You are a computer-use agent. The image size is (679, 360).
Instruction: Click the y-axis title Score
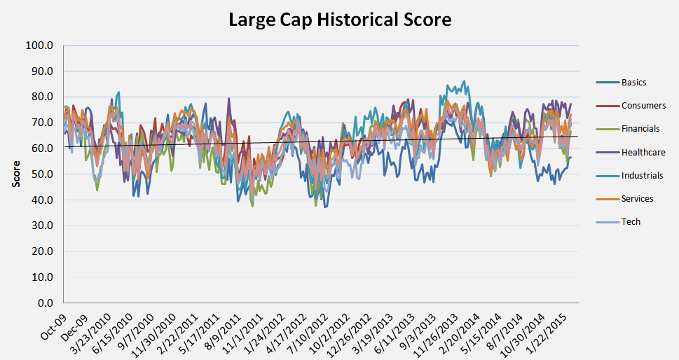(15, 176)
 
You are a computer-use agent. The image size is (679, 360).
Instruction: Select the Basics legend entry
(633, 83)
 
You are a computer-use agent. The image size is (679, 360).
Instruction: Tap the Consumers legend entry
(643, 106)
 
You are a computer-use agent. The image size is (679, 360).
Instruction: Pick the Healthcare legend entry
(643, 152)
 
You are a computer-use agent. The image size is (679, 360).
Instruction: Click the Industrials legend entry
(642, 176)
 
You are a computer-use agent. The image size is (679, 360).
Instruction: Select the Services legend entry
(637, 199)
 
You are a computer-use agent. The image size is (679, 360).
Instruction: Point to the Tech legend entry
(631, 222)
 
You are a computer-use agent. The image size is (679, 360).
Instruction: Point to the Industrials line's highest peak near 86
(463, 81)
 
